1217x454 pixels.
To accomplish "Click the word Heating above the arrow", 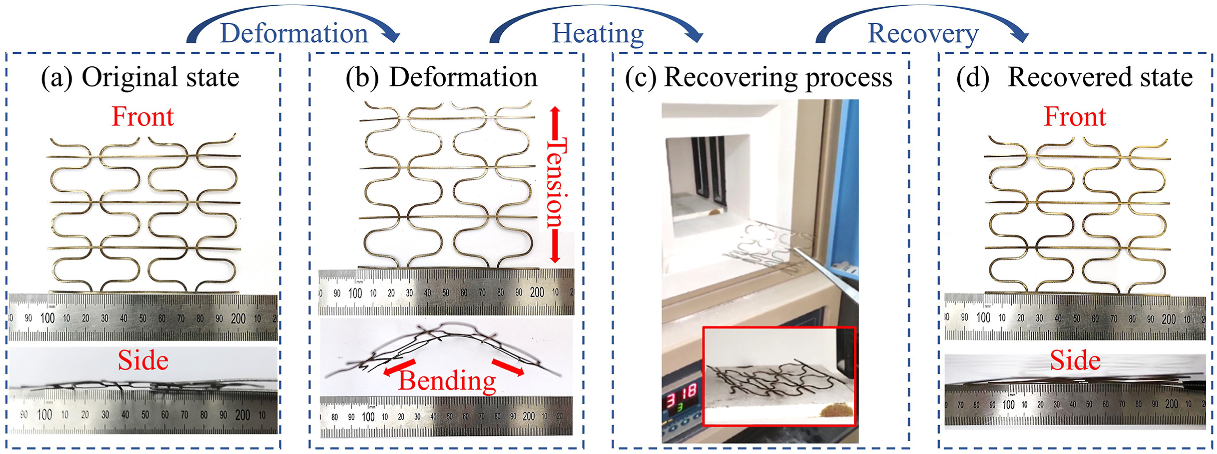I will pos(598,34).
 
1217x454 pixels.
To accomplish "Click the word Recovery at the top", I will pos(923,34).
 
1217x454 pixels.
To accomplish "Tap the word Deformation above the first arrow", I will pos(294,34).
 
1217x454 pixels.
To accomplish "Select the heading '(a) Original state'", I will pos(140,78).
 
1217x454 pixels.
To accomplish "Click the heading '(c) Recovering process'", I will pos(759,78).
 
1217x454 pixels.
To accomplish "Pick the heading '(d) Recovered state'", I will pos(1074,78).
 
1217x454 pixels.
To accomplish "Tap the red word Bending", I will pos(447,381).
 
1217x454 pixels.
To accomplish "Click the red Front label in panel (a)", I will pos(143,117).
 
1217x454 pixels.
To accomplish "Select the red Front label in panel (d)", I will pos(1075,117).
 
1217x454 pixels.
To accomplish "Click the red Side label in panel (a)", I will pos(143,361).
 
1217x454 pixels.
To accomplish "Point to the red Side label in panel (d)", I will pos(1075,361).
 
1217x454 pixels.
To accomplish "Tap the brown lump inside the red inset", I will pos(836,409).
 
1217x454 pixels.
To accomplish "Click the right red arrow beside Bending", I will pos(509,368).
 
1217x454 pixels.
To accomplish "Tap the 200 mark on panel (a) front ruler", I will pos(238,319).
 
